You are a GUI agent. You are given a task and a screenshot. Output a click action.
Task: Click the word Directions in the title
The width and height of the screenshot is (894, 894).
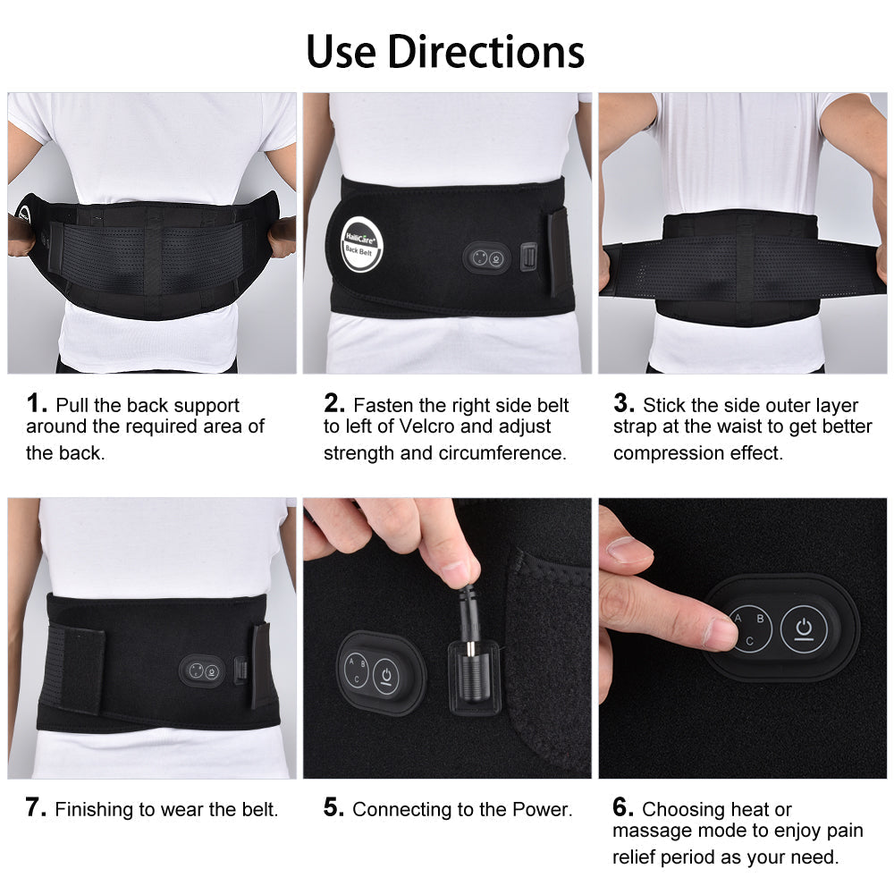click(x=485, y=51)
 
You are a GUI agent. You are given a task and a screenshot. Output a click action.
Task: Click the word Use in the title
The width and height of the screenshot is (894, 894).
click(x=341, y=51)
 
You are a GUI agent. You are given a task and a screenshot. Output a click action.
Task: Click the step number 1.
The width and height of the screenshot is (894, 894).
click(x=36, y=403)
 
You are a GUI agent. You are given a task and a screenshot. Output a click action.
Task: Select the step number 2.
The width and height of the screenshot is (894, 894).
click(x=334, y=403)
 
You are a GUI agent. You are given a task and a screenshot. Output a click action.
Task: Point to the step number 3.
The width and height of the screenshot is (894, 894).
click(x=624, y=403)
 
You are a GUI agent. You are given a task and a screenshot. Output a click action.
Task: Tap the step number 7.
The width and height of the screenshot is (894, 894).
click(x=36, y=807)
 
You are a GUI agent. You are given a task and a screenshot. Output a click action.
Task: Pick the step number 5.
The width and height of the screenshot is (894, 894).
click(x=333, y=807)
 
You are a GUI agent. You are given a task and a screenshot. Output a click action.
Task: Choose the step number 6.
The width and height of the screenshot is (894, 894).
click(x=623, y=807)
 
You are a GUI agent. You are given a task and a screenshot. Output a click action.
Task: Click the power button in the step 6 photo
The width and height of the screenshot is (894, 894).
click(x=804, y=629)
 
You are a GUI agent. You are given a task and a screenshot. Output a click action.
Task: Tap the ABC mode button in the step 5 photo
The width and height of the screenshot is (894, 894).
click(x=357, y=670)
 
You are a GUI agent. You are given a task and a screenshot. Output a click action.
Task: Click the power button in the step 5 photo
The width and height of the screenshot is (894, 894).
click(x=386, y=677)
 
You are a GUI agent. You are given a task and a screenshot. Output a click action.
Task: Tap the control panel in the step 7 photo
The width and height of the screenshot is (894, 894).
click(x=202, y=670)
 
